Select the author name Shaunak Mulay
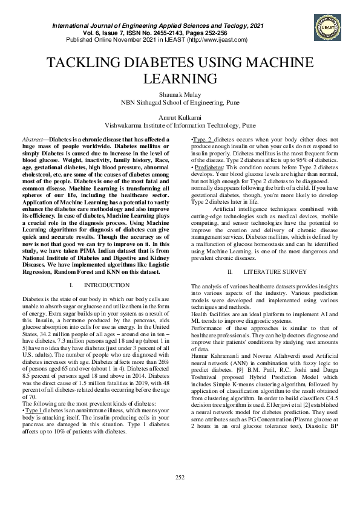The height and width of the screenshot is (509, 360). click(180, 95)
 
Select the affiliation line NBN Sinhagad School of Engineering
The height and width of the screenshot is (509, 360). click(180, 103)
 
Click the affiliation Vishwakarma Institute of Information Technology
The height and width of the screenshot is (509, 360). click(180, 126)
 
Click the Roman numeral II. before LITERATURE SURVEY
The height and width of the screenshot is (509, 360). click(231, 272)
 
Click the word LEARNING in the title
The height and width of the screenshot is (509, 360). click(180, 79)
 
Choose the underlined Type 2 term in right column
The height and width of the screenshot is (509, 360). click(203, 139)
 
